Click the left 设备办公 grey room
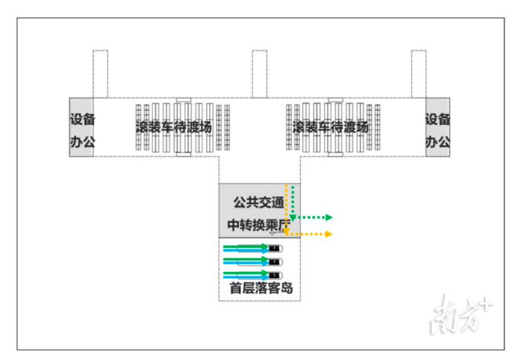click(x=81, y=127)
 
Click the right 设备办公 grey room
click(x=437, y=127)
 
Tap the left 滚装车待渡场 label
click(x=174, y=127)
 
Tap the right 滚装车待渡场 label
click(x=330, y=127)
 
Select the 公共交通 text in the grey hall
click(x=259, y=202)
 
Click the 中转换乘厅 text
click(x=259, y=225)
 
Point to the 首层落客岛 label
click(x=261, y=288)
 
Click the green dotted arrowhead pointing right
click(x=329, y=217)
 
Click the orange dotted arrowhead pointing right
click(x=328, y=234)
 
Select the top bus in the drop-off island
click(x=259, y=248)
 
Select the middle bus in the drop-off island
click(x=259, y=262)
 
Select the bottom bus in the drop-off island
click(x=259, y=275)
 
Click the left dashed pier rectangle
click(x=100, y=74)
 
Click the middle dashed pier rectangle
click(x=259, y=74)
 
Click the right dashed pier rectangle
click(x=419, y=74)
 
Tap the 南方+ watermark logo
click(x=461, y=314)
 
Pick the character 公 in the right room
click(x=443, y=142)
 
